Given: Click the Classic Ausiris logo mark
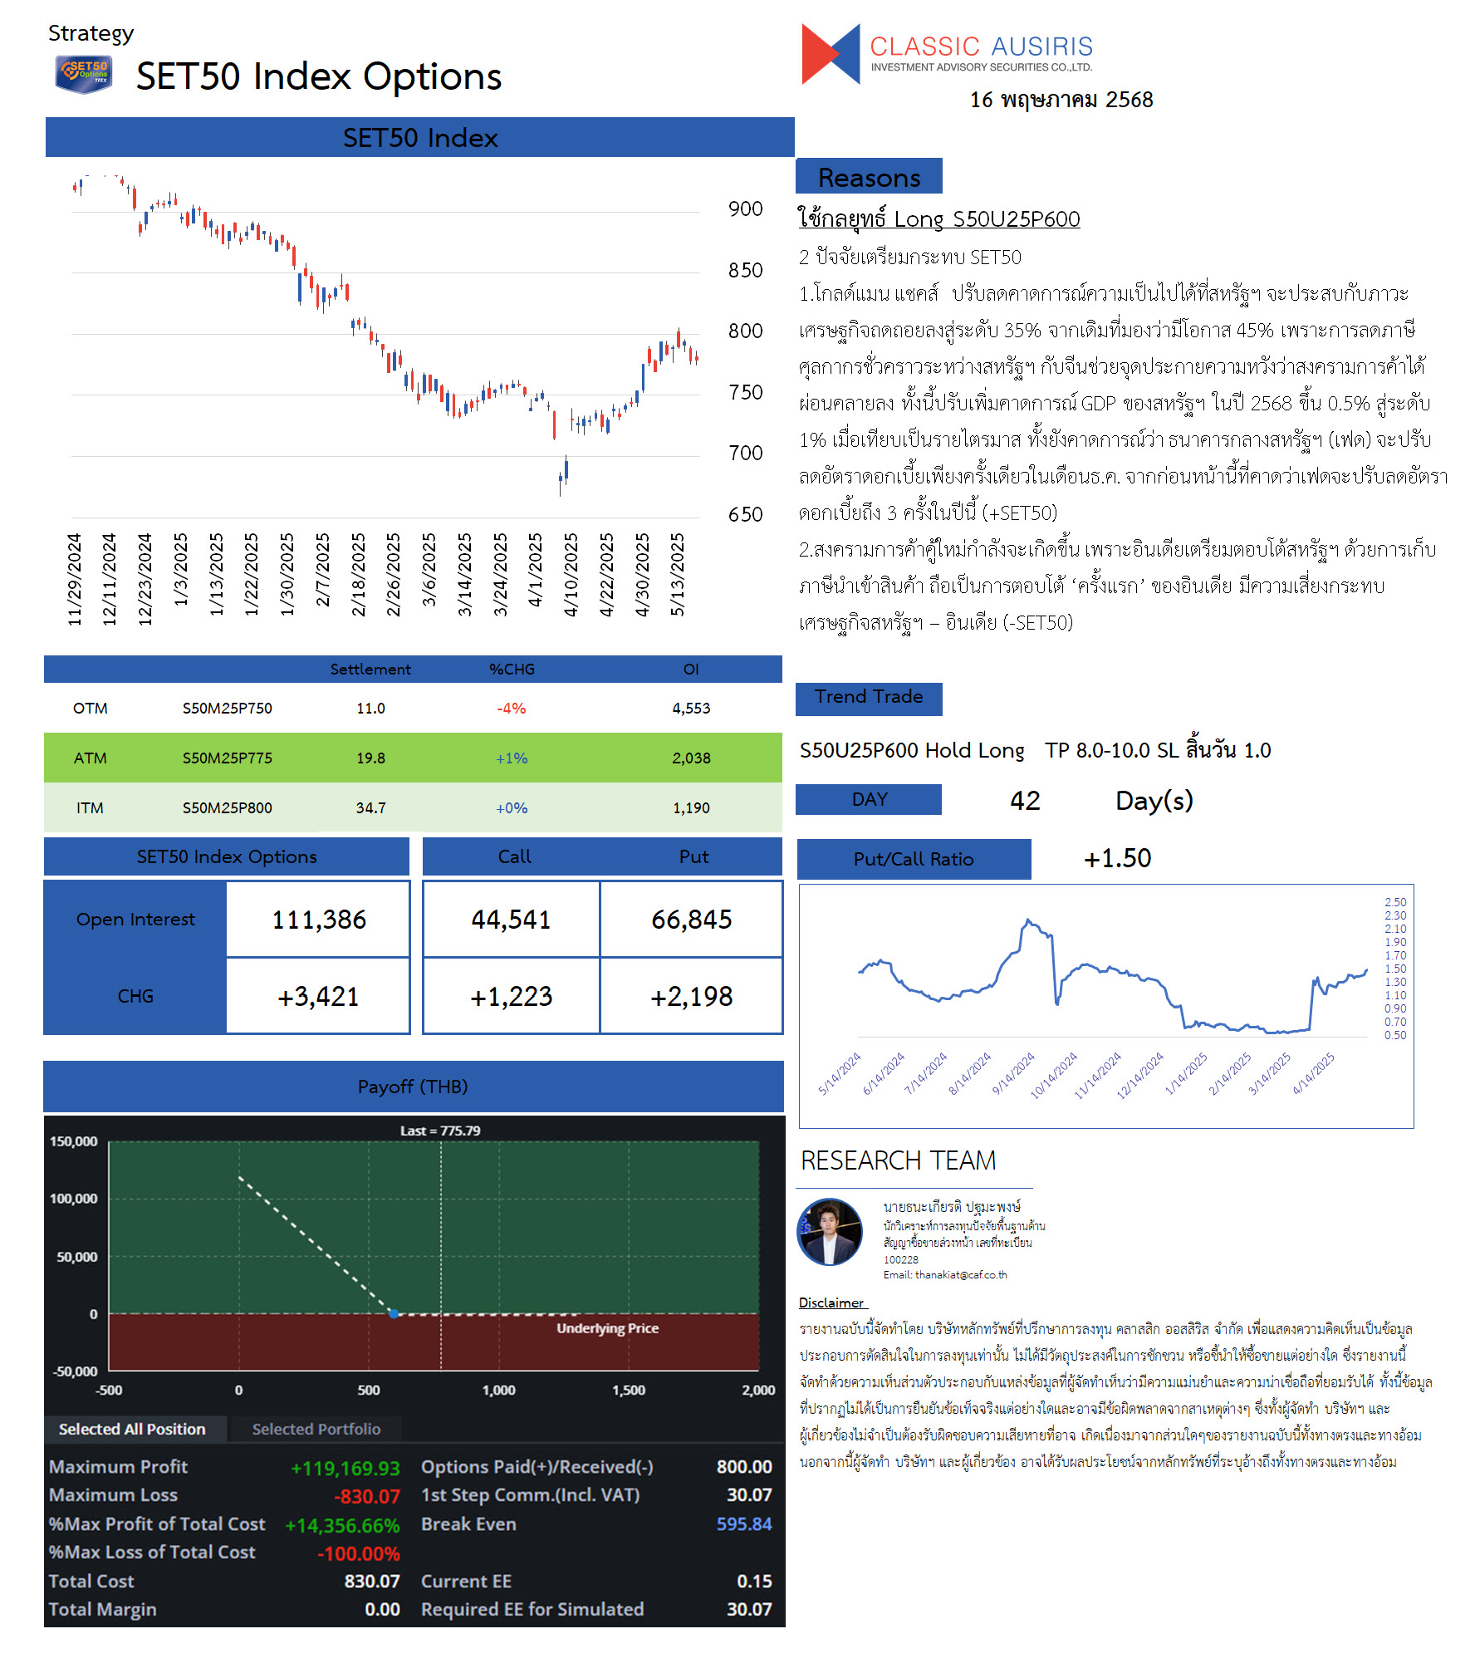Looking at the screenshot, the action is [831, 54].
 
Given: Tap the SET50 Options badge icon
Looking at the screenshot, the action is [83, 74].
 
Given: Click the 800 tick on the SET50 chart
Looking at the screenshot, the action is [745, 331].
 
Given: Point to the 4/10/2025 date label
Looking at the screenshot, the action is [571, 575].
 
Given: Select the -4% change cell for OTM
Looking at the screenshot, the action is [511, 709].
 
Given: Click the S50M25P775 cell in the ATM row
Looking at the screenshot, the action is [227, 758].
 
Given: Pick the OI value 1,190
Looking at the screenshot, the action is [691, 807].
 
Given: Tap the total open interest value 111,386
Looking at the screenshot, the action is [319, 920].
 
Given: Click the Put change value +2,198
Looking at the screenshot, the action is [691, 996].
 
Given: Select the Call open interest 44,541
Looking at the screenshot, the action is [511, 920].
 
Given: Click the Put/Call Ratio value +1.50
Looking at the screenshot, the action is [1117, 858].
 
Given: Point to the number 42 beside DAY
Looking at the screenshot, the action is [1025, 800].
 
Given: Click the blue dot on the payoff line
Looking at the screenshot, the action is [394, 1313].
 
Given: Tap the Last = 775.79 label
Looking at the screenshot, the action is [440, 1131].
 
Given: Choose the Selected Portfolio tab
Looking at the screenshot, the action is [316, 1429].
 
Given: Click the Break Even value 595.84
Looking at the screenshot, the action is [744, 1523].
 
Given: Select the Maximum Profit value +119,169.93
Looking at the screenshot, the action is [345, 1468].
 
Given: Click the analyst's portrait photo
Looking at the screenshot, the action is [830, 1232].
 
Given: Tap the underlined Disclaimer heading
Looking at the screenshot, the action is [831, 1303].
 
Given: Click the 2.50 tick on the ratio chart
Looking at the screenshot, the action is [1395, 902].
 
